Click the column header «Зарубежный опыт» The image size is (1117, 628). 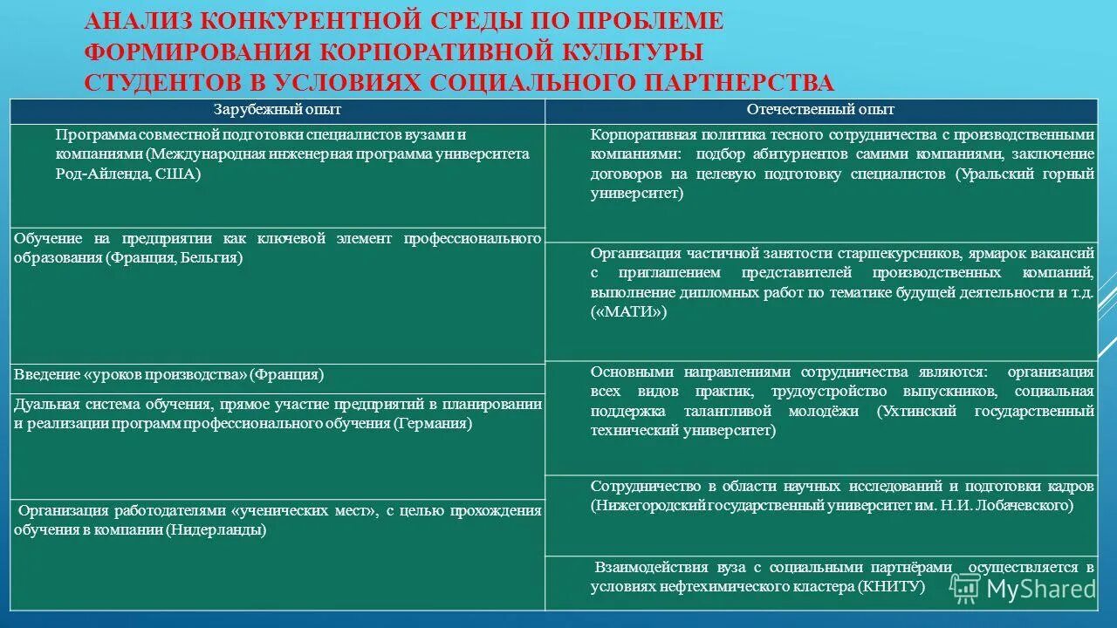[278, 110]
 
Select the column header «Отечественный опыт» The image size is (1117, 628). [820, 110]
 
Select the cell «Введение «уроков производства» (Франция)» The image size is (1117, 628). [168, 375]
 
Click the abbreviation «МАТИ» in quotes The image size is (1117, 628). [628, 312]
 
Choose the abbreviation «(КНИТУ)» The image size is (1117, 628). [892, 587]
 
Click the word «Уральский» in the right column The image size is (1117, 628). [989, 174]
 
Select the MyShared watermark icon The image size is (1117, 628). [965, 588]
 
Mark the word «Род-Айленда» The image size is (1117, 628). [97, 174]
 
